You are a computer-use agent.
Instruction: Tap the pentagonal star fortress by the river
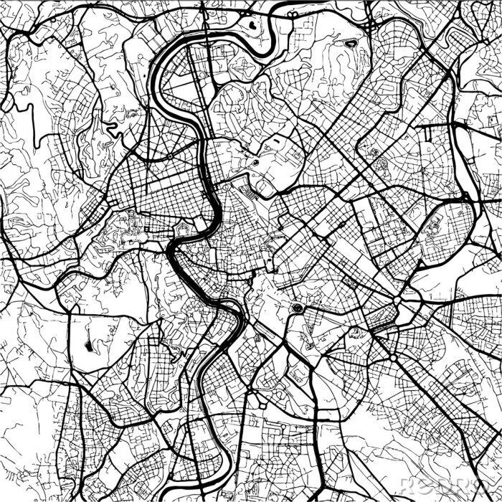pos(184,231)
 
